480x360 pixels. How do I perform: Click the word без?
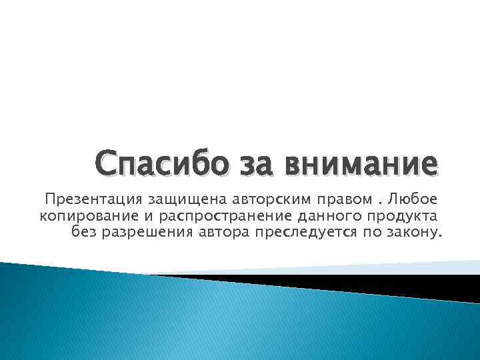click(x=81, y=232)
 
